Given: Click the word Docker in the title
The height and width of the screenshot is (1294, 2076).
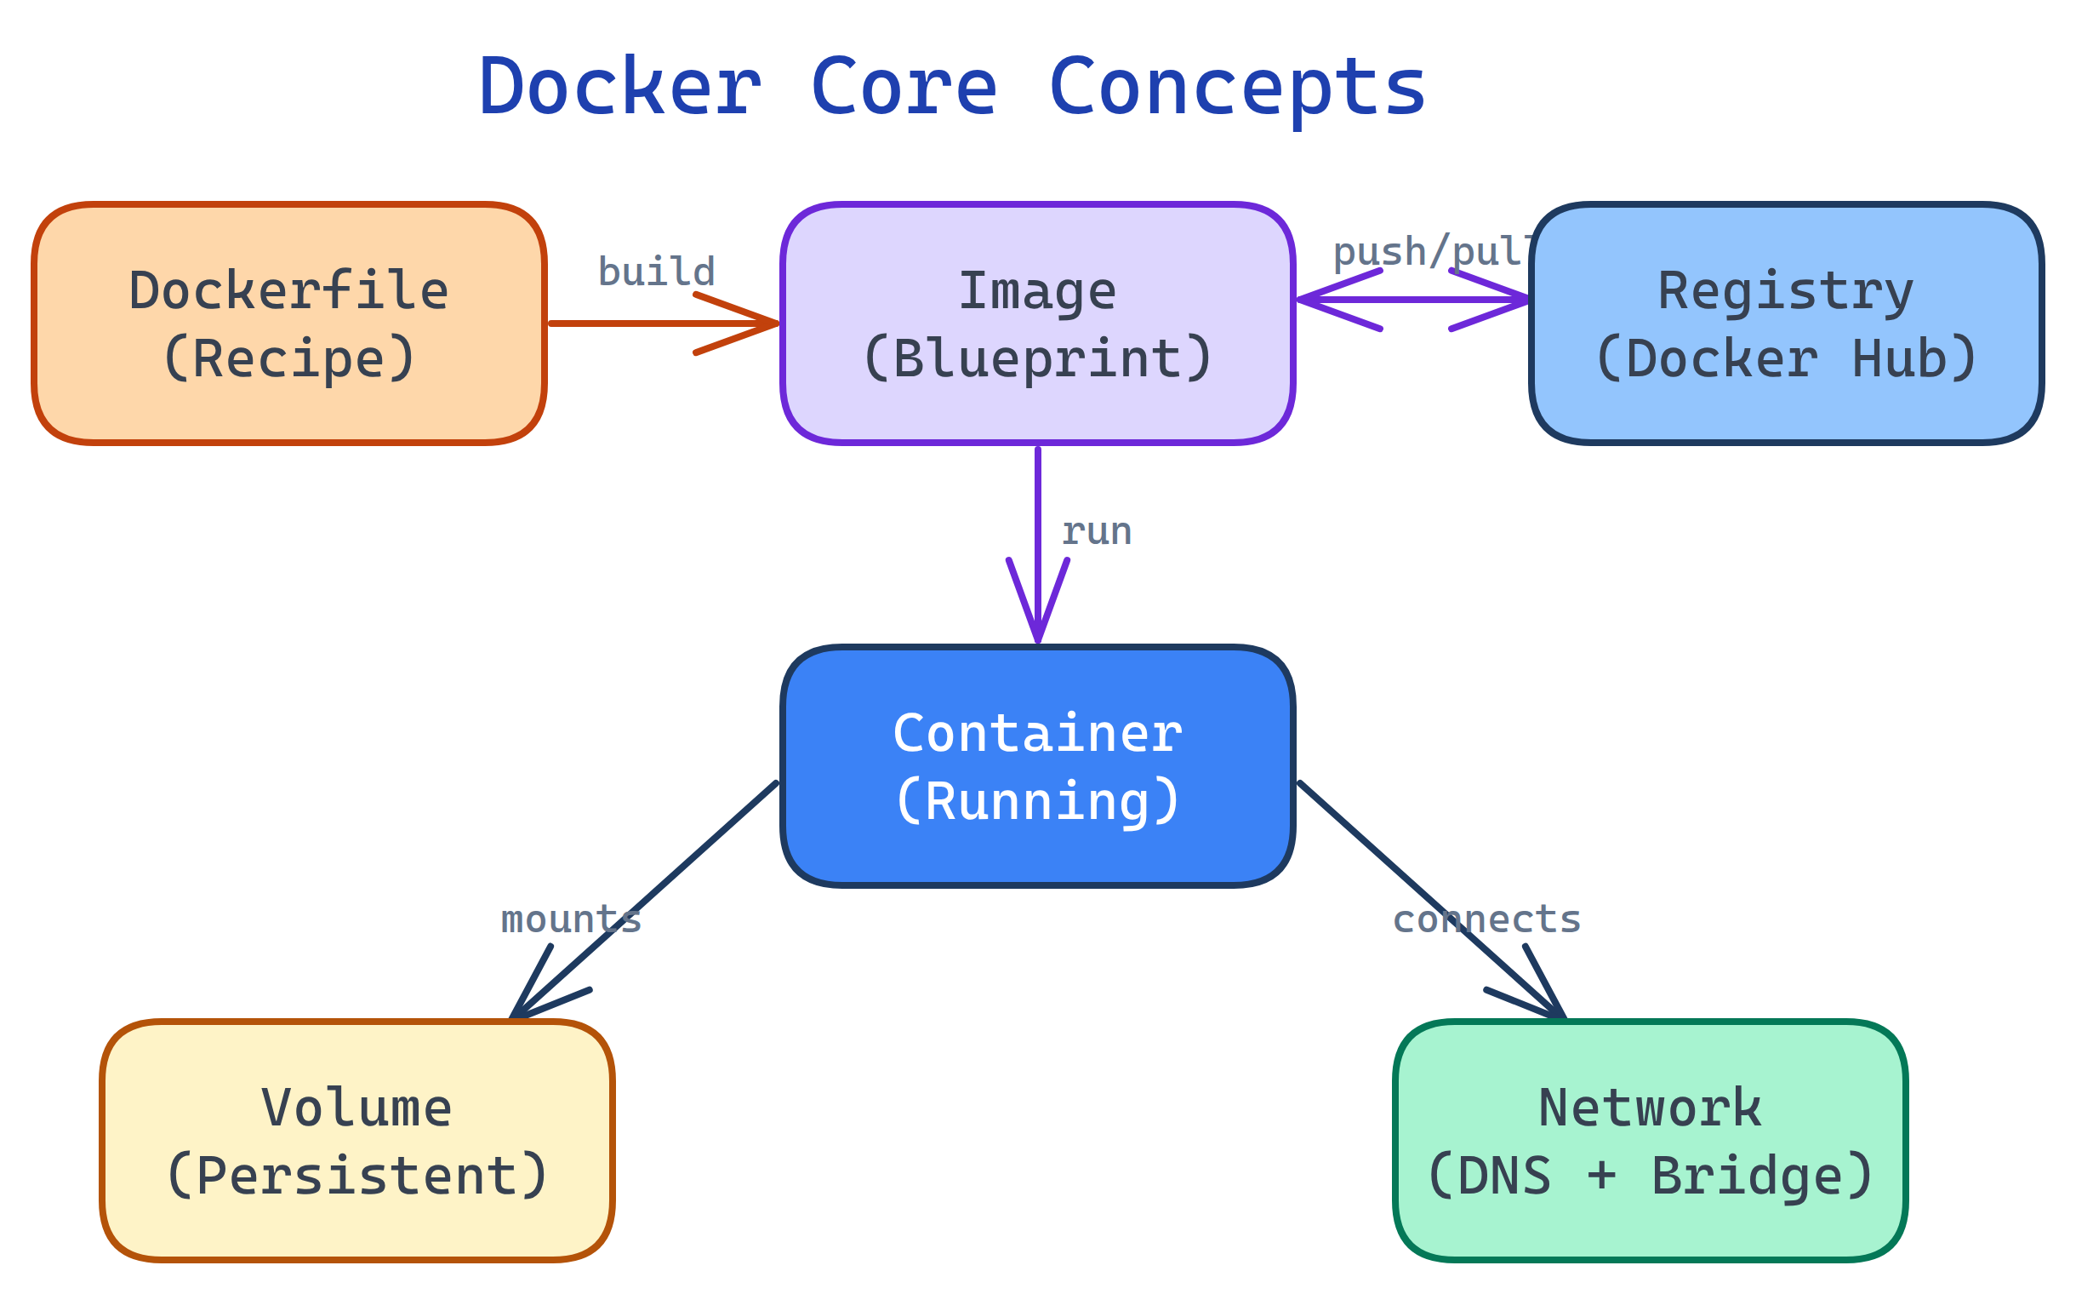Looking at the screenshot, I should click(x=619, y=88).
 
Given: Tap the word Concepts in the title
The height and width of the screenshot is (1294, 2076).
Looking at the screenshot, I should click(x=1237, y=88).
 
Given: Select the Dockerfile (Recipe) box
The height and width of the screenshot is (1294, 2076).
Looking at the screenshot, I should click(x=289, y=324).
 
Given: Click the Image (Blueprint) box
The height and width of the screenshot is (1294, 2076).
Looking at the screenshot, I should click(x=1037, y=324).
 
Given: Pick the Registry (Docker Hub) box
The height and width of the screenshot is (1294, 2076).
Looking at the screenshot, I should click(x=1787, y=324).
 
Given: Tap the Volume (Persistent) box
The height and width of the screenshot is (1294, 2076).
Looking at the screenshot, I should click(x=357, y=1142).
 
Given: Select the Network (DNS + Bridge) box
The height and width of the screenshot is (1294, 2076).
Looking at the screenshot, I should click(x=1651, y=1142).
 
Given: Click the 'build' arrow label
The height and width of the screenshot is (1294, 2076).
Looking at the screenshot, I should click(x=656, y=272).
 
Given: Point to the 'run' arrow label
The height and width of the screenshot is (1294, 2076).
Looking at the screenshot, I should click(x=1097, y=532).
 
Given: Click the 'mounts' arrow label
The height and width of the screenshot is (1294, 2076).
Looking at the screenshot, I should click(x=571, y=920).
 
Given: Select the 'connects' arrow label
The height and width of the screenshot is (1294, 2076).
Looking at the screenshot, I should click(x=1486, y=920).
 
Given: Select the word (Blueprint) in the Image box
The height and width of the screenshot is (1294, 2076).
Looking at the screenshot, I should click(x=1037, y=358).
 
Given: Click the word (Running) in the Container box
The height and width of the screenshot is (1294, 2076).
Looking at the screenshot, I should click(x=1037, y=802).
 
